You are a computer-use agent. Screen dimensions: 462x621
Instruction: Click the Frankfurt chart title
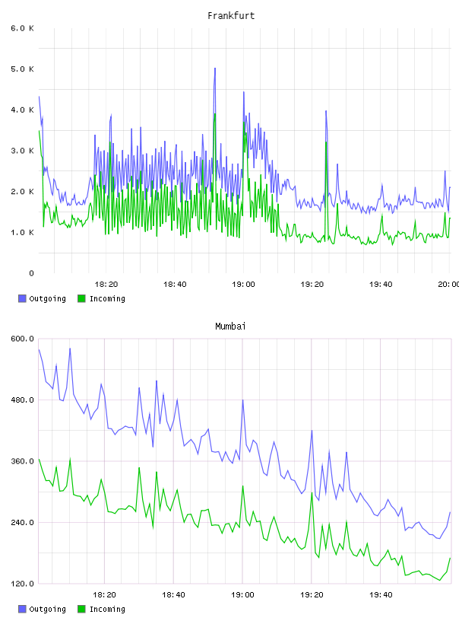click(231, 16)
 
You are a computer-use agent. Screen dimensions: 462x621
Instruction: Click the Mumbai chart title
click(230, 326)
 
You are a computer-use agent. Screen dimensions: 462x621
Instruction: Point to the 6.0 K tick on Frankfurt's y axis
click(23, 28)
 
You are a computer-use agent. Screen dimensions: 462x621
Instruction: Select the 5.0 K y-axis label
click(23, 69)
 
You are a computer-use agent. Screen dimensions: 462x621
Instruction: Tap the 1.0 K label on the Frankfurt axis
click(23, 232)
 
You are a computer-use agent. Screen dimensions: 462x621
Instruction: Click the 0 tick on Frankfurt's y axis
click(32, 273)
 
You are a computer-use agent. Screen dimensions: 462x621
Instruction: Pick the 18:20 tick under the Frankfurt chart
click(106, 285)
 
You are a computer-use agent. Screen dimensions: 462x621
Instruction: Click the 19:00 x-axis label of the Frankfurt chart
click(243, 285)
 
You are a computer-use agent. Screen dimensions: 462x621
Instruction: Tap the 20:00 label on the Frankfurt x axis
click(448, 285)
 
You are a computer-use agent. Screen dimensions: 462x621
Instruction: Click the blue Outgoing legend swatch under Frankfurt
click(22, 298)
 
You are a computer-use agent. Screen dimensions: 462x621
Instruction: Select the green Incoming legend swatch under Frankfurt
click(81, 298)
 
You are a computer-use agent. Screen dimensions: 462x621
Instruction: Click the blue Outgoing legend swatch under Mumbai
click(22, 609)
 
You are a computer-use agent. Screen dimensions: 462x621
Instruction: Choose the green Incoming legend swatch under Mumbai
click(81, 609)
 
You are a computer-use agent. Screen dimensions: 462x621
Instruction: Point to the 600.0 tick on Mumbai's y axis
click(23, 339)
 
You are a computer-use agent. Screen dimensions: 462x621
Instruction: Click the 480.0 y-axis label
click(23, 400)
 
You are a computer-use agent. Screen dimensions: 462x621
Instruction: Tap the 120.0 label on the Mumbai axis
click(23, 584)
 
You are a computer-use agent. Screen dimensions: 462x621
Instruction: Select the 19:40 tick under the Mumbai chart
click(381, 595)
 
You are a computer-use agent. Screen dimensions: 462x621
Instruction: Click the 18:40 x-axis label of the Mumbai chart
click(173, 595)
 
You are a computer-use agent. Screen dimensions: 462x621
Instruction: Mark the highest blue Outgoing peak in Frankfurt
click(215, 68)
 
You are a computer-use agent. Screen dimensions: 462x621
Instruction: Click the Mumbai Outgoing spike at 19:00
click(242, 400)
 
